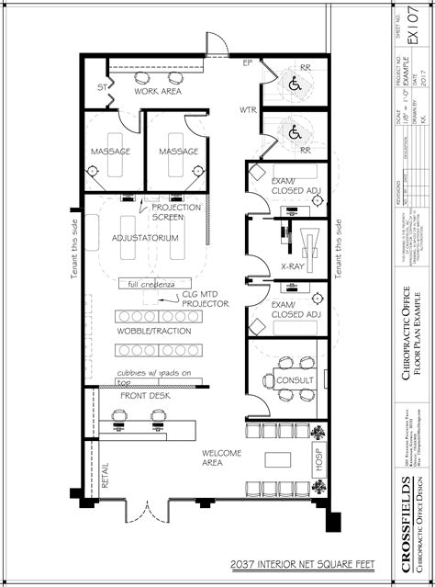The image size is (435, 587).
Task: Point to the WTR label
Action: pyautogui.click(x=248, y=110)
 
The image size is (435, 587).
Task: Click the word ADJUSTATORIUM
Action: pyautogui.click(x=144, y=238)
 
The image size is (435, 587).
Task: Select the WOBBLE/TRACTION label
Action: pyautogui.click(x=154, y=331)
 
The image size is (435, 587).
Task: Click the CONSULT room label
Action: pyautogui.click(x=296, y=378)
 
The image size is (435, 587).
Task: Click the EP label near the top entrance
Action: pyautogui.click(x=247, y=63)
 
